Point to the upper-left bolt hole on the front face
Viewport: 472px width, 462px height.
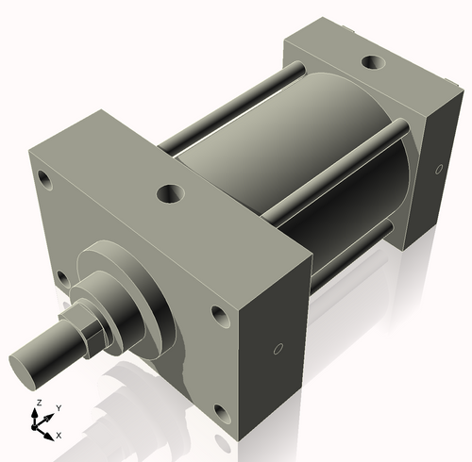point(44,176)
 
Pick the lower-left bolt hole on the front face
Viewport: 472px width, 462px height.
point(61,278)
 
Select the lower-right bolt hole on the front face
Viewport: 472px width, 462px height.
point(221,412)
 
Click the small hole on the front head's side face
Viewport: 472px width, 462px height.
point(277,350)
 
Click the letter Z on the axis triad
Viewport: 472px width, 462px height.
point(37,403)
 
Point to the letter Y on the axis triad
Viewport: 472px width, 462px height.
point(58,408)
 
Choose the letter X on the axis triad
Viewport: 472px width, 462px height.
point(59,435)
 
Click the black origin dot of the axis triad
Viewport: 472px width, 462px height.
point(40,425)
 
